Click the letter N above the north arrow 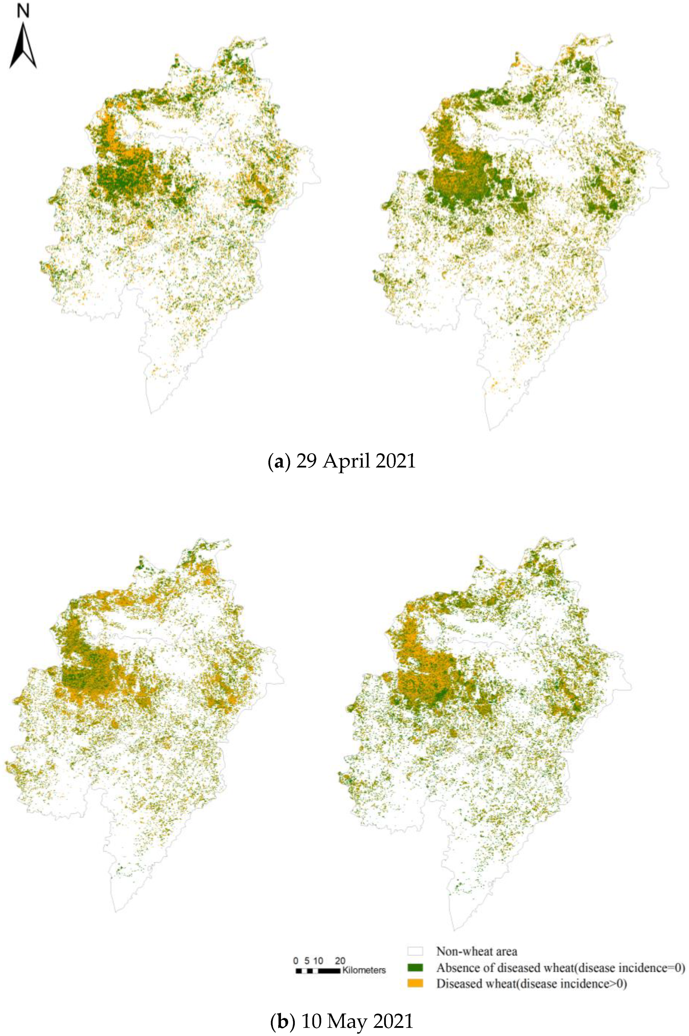(x=23, y=11)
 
